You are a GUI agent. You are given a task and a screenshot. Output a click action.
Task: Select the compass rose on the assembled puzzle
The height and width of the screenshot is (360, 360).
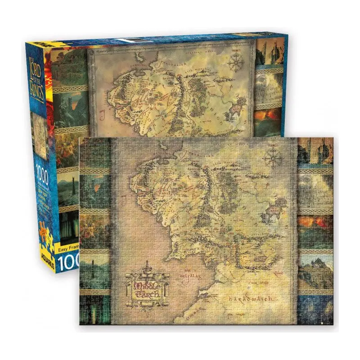(274, 159)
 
